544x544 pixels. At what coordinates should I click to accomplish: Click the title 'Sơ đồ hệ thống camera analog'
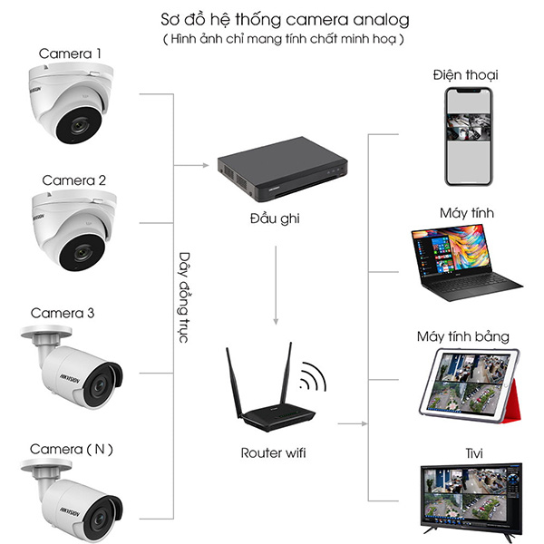[x=277, y=19]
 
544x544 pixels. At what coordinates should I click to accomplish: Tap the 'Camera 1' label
[x=70, y=54]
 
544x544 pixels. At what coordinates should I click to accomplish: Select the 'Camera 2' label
[x=73, y=180]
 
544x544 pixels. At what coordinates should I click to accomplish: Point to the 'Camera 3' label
[x=62, y=314]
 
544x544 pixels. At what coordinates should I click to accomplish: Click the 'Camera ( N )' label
[x=73, y=449]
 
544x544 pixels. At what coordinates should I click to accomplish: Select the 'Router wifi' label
[x=273, y=452]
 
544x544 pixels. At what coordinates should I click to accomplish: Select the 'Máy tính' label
[x=466, y=212]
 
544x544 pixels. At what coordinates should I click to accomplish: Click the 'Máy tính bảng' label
[x=463, y=337]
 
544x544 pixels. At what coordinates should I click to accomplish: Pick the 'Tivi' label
[x=464, y=450]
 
